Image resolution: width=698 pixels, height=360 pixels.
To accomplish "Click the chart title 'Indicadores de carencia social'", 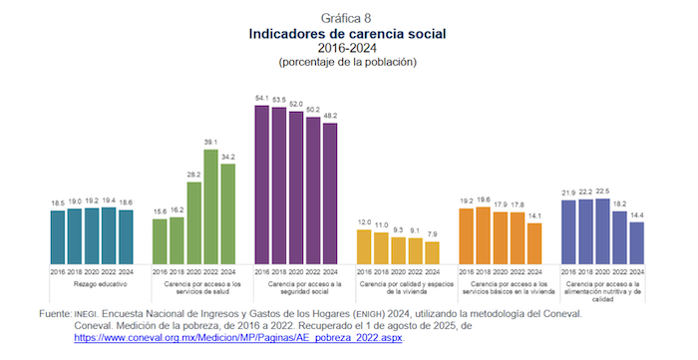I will tap(347, 34).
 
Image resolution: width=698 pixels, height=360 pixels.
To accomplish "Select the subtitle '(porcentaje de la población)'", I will tap(347, 62).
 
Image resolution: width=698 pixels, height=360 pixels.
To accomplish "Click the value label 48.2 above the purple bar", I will tap(330, 116).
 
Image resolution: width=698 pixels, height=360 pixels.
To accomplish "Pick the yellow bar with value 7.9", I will tap(432, 252).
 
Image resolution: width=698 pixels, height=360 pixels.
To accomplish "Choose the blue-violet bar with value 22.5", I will tap(602, 231).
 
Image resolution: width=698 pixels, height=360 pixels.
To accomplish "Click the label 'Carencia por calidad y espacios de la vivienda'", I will tap(399, 287).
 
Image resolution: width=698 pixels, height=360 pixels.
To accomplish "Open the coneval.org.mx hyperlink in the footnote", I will tap(238, 339).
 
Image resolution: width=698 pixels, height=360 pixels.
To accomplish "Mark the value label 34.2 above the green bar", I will tap(228, 157).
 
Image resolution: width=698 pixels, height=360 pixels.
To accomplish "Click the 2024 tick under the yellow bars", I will tap(432, 271).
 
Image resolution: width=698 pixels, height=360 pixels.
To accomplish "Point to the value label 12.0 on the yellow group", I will tap(364, 222).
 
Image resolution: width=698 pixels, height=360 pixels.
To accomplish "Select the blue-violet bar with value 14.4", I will tap(636, 242).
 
